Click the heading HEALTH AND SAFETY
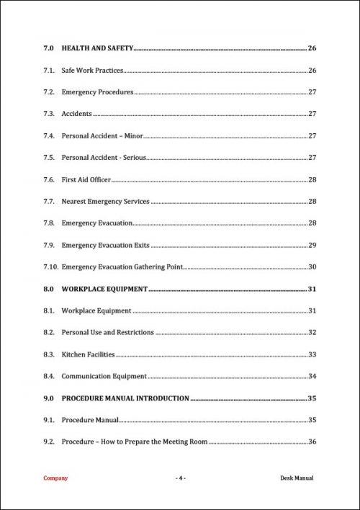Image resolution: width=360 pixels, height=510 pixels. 97,48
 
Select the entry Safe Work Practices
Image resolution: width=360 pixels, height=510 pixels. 92,71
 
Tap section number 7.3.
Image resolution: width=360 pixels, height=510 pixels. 49,114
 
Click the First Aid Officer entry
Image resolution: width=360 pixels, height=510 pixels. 86,179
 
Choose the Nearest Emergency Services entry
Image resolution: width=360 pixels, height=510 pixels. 105,202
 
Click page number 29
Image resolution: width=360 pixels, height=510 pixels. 312,246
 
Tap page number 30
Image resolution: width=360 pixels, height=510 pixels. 312,267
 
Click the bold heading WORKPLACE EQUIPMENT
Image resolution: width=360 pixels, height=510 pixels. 104,290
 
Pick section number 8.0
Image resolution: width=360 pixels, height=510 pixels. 49,290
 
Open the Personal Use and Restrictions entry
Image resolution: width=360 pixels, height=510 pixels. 107,333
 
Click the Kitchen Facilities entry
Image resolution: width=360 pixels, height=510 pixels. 88,354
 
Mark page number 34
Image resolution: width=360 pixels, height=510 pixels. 312,376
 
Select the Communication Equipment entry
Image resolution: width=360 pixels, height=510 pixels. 104,376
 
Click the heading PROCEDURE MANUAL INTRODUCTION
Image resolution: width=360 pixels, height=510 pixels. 125,398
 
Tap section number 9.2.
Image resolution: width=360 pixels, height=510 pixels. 49,442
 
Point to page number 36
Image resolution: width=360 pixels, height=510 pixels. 312,442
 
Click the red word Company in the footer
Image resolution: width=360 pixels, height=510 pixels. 55,478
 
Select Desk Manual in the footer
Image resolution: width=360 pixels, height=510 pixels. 297,478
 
